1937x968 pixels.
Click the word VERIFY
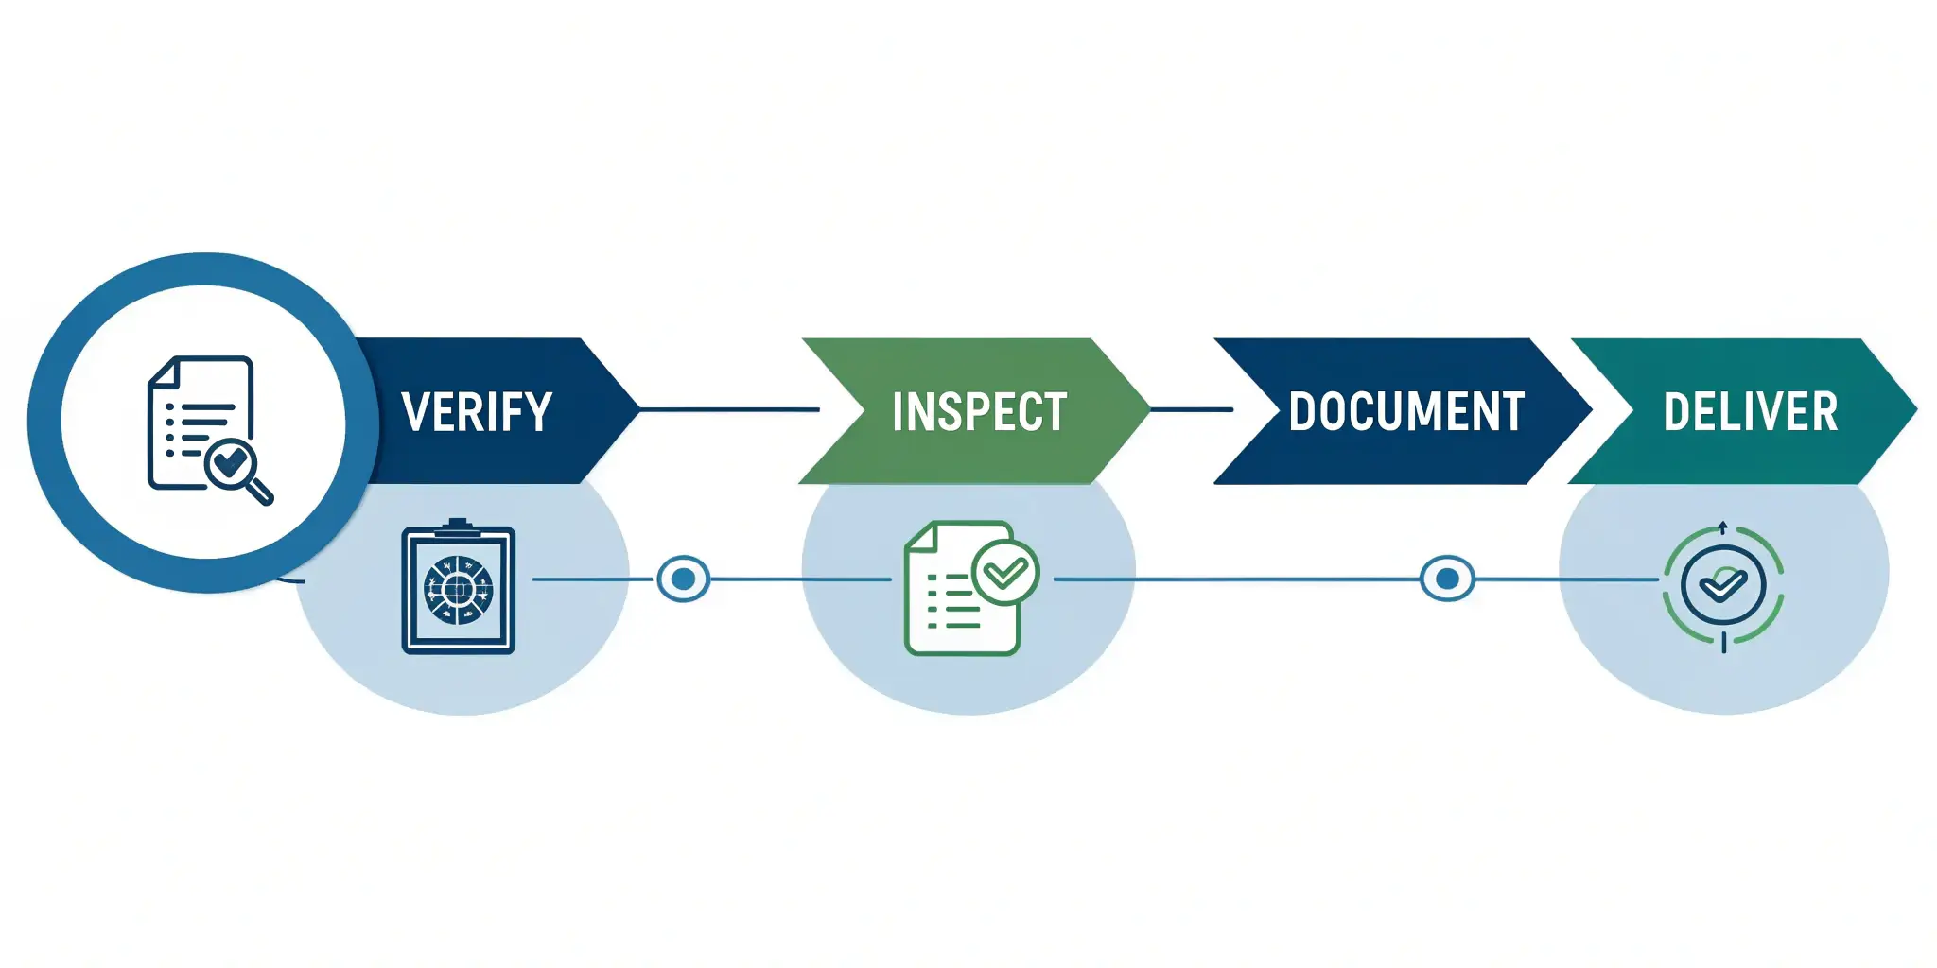[477, 412]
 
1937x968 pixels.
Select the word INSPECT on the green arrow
[979, 412]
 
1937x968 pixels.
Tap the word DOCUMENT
[1406, 412]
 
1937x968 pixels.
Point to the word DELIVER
[1751, 412]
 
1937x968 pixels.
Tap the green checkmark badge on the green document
[1005, 572]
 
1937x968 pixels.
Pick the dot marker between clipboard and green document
[683, 578]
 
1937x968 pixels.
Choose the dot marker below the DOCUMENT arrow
[1447, 578]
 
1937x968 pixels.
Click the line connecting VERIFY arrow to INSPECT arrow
[728, 409]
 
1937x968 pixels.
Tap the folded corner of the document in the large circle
[163, 372]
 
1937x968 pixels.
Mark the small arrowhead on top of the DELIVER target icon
[1723, 526]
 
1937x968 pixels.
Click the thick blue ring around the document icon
[45, 422]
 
